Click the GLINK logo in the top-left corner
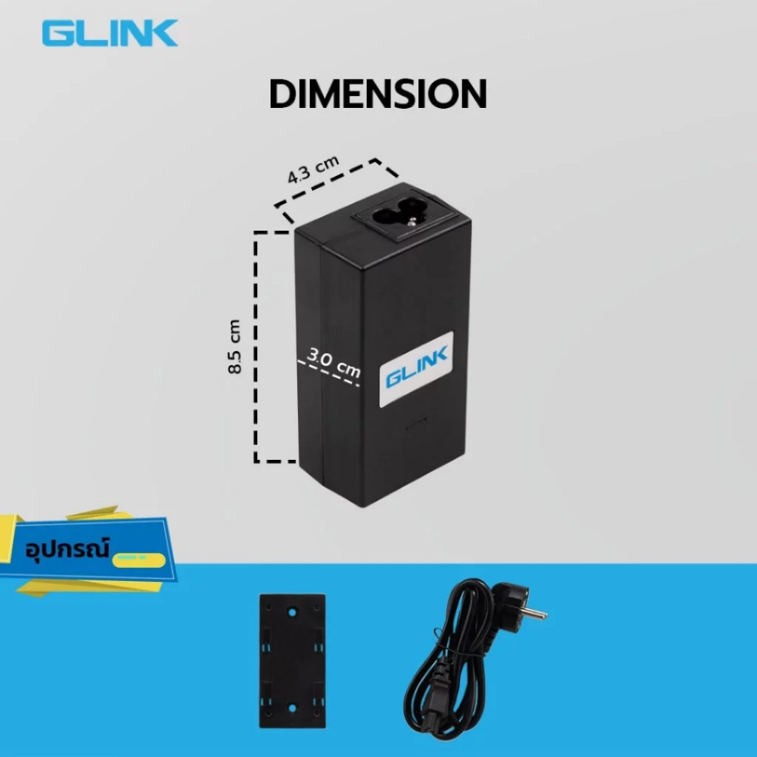tap(110, 33)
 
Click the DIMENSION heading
tap(378, 94)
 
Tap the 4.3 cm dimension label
tap(313, 169)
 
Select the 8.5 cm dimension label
tap(234, 346)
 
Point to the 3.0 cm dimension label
tap(334, 362)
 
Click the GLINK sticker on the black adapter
tap(417, 369)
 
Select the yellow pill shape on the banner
tap(139, 560)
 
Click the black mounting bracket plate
tap(292, 660)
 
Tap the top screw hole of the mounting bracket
tap(291, 612)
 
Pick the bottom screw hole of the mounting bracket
tap(291, 709)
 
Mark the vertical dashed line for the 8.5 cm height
tap(256, 346)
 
